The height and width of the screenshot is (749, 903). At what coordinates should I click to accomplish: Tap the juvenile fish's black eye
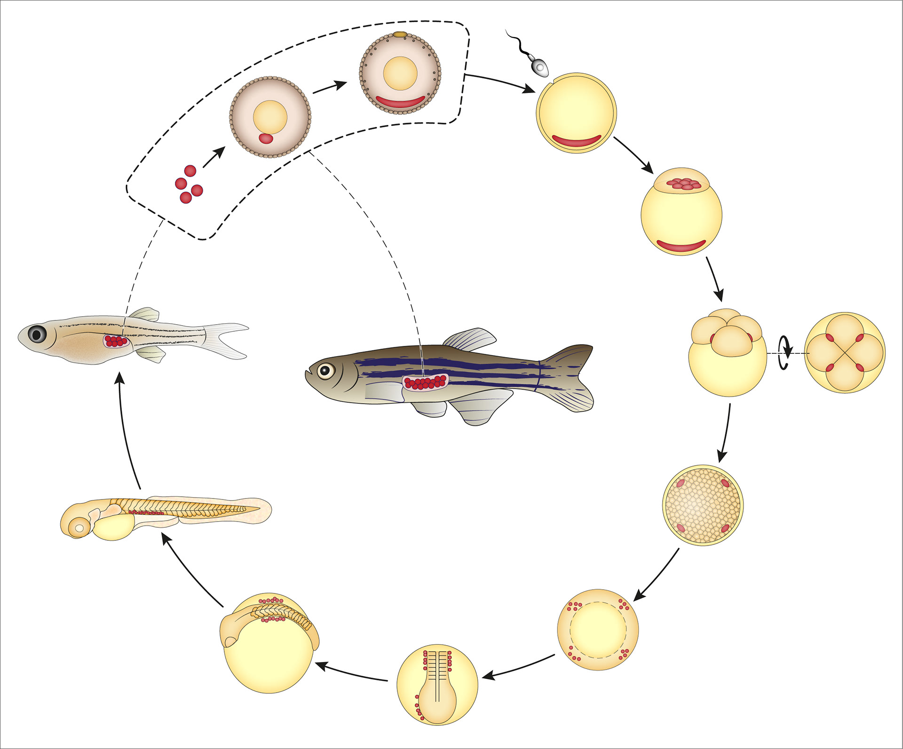coord(37,334)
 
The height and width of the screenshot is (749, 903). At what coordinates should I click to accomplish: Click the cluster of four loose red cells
coord(188,184)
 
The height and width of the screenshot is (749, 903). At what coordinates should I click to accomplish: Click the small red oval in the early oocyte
coord(266,139)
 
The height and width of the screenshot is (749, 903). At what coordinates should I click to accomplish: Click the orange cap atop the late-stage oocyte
coord(400,34)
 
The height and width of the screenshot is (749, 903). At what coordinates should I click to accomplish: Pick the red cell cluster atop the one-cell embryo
coord(681,184)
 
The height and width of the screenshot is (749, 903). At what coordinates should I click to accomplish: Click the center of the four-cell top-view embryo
coord(845,352)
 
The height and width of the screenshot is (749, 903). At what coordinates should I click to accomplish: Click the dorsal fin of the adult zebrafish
coord(470,339)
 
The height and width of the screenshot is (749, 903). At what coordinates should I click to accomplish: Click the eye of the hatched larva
coord(79,528)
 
